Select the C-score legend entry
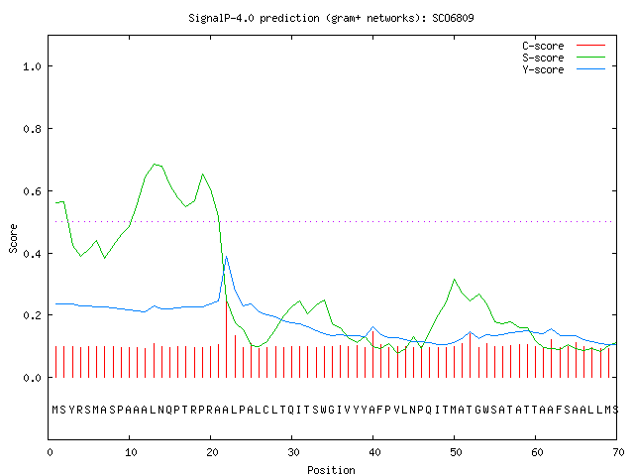[x=564, y=46]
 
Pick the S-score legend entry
[x=564, y=58]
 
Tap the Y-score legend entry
[x=564, y=69]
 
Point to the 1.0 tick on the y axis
[x=33, y=66]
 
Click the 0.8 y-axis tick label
[x=33, y=129]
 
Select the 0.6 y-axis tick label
[x=33, y=191]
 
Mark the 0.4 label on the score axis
[x=33, y=254]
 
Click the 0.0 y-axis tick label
[x=33, y=378]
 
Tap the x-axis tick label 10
[x=131, y=452]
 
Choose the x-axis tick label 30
[x=293, y=452]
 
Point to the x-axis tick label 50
[x=456, y=452]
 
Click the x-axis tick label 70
[x=618, y=452]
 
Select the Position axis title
[x=331, y=470]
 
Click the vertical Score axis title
[x=13, y=238]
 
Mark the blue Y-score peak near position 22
[x=227, y=257]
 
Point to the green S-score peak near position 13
[x=155, y=164]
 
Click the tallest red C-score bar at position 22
[x=227, y=339]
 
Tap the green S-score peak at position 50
[x=455, y=280]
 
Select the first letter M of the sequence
[x=55, y=410]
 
